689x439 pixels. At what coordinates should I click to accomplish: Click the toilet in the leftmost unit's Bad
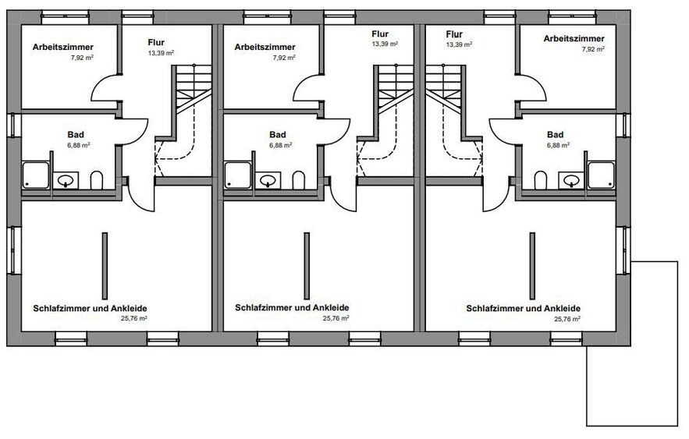(97, 180)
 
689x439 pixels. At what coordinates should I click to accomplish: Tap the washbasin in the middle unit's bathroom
(268, 180)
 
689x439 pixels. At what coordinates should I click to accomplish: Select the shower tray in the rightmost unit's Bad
(601, 175)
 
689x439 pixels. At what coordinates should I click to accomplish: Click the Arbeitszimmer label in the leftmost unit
(63, 47)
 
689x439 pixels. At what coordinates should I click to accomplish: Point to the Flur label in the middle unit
(380, 34)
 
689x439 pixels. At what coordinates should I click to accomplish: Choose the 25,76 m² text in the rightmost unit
(567, 319)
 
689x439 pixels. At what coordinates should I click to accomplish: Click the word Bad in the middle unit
(278, 135)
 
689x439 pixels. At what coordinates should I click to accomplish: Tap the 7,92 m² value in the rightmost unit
(593, 49)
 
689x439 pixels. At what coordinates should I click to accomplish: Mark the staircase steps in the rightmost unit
(444, 88)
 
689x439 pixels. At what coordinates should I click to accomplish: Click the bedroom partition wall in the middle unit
(307, 266)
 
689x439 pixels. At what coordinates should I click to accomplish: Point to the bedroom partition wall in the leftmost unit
(105, 266)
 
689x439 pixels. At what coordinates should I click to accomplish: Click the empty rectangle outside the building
(632, 344)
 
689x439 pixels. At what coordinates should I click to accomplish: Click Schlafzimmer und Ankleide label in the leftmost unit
(90, 308)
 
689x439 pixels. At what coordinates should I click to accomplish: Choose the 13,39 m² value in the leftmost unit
(161, 53)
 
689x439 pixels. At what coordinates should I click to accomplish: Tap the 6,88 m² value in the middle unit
(281, 145)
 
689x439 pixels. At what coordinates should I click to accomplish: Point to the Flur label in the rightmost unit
(454, 34)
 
